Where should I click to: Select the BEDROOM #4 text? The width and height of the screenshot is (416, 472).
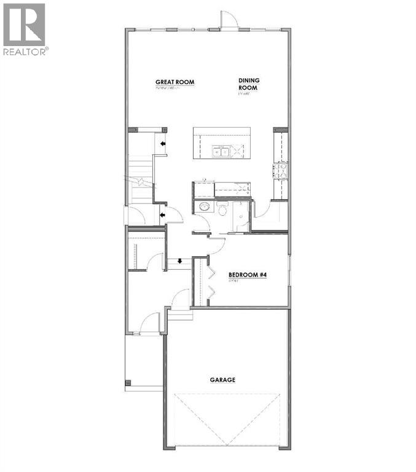[247, 275]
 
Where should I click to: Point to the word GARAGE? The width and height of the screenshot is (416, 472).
[222, 380]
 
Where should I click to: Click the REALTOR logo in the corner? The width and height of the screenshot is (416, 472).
[25, 28]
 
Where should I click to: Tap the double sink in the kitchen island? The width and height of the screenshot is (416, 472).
[221, 150]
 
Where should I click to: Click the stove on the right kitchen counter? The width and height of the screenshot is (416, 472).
[281, 170]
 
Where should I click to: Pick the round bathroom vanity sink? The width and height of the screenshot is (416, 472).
[203, 208]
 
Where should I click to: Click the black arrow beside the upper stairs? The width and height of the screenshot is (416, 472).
[163, 144]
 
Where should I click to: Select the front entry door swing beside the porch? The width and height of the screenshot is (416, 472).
[149, 323]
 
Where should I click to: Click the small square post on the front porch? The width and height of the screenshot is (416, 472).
[128, 382]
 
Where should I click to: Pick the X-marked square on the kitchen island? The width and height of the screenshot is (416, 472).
[237, 150]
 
